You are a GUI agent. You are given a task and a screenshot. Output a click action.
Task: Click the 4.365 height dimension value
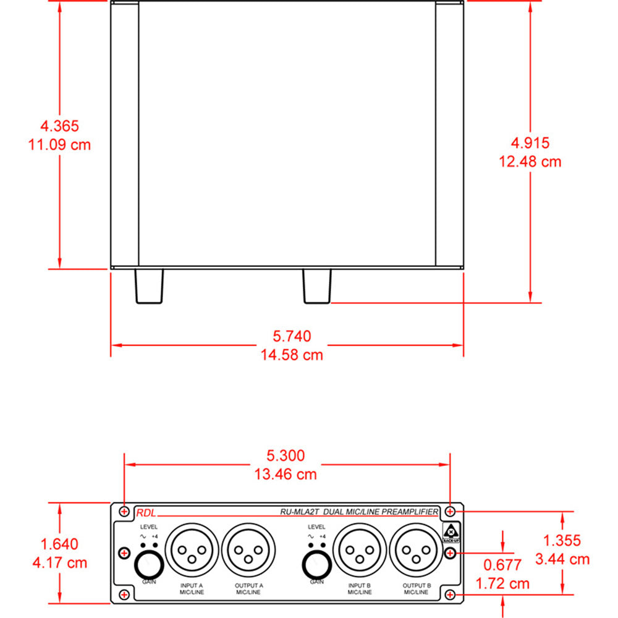[59, 126]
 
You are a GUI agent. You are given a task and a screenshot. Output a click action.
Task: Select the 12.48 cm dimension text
[530, 162]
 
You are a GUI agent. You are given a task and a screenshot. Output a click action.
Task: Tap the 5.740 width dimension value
[292, 336]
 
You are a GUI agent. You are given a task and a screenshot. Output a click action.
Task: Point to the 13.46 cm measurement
[286, 475]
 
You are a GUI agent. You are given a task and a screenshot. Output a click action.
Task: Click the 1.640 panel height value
[59, 544]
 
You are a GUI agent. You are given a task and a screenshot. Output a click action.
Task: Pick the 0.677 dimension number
[504, 564]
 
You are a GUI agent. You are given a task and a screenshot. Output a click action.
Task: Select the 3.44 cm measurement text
[562, 559]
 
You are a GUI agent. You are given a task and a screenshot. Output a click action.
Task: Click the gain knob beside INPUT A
[149, 565]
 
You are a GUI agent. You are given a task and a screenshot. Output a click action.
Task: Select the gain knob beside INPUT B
[316, 565]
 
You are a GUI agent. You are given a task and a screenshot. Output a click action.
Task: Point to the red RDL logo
[146, 512]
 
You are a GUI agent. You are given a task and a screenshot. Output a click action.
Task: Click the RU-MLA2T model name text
[300, 512]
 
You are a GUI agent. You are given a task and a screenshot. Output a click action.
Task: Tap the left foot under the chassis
[150, 287]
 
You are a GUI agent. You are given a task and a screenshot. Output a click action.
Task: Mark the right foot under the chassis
[316, 287]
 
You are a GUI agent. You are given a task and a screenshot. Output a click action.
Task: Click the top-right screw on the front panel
[451, 511]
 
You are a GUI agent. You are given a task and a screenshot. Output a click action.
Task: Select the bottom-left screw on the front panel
[125, 595]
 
